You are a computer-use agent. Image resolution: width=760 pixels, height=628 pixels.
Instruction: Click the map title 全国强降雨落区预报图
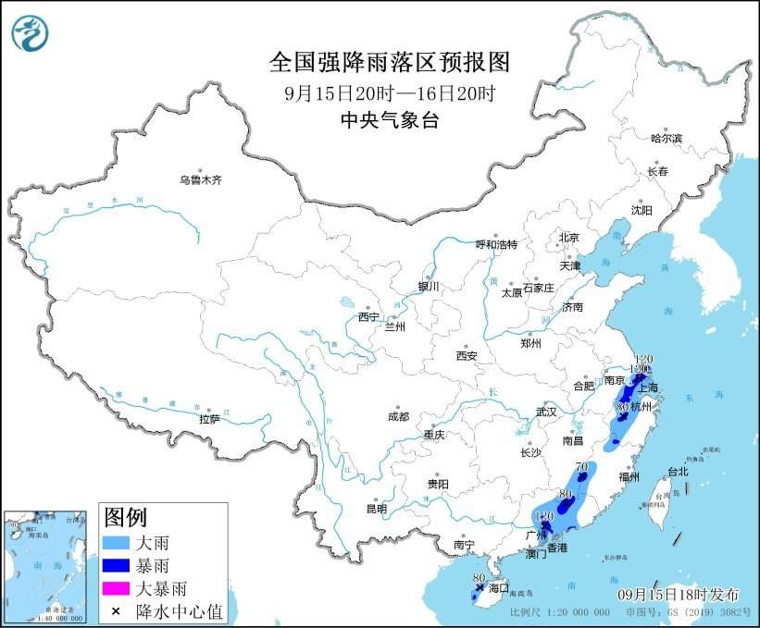pos(389,62)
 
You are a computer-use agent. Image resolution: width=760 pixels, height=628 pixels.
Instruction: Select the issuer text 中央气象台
pos(388,119)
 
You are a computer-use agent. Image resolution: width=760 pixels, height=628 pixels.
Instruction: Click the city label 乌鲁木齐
pos(201,179)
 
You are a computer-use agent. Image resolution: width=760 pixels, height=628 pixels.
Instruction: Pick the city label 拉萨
pos(209,418)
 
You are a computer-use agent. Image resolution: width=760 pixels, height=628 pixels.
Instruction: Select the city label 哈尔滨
pos(666,138)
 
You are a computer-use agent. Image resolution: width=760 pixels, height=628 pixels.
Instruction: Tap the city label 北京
pos(567,238)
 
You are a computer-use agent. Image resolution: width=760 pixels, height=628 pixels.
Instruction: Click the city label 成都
pos(399,416)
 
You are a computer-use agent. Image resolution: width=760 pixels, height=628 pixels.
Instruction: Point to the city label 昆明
pos(377,508)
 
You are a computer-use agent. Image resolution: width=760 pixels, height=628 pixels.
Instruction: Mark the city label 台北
pos(678,471)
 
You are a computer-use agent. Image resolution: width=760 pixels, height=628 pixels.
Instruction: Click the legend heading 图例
pos(125,516)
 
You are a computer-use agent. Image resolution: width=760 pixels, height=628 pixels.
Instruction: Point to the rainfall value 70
pos(582,467)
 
